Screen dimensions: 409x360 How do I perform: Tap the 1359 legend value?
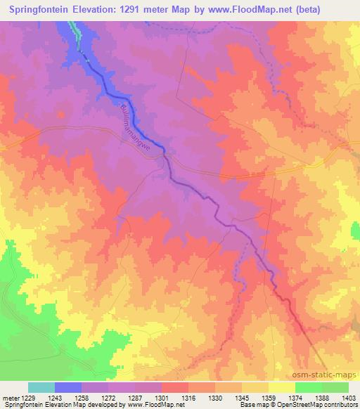click(268, 398)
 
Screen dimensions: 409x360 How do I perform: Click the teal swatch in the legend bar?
click(41, 387)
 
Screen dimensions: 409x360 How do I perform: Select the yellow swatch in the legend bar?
click(281, 387)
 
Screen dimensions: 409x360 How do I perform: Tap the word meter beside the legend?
click(10, 398)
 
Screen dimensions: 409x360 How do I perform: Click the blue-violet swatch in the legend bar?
click(68, 387)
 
